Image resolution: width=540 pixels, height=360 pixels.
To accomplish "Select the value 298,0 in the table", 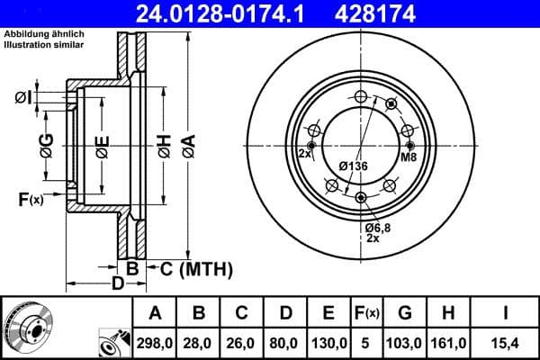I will [x=155, y=343].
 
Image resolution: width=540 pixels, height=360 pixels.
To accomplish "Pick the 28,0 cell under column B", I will [x=200, y=343].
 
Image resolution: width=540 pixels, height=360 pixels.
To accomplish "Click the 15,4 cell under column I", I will [x=508, y=343].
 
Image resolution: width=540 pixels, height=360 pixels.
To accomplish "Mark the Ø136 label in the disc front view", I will [x=353, y=166].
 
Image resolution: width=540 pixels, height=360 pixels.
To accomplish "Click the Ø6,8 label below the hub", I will [x=377, y=229].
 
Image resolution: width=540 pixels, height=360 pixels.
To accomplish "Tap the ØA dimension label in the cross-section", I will [x=187, y=146].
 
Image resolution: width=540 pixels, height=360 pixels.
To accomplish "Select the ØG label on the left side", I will [x=46, y=146].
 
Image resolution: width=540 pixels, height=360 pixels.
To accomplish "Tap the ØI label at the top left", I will [x=24, y=96].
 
